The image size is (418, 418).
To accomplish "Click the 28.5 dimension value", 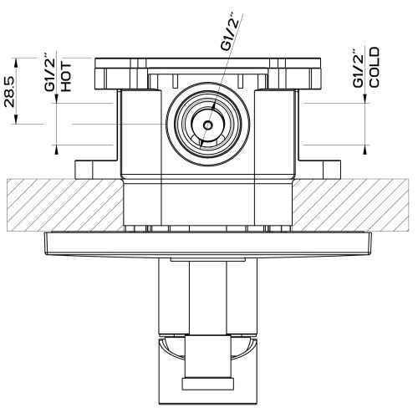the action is (x=9, y=91).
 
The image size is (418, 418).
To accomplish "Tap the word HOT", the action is (x=66, y=77).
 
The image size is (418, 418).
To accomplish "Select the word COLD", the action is (x=374, y=68).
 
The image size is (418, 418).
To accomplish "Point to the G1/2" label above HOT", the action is (x=50, y=74).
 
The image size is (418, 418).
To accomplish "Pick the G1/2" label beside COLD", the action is (x=358, y=69).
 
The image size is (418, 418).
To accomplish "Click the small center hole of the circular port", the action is (x=207, y=125).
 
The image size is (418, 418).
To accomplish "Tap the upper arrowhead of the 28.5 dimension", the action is (x=16, y=63).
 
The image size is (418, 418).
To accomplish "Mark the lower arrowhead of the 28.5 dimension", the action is (x=16, y=119).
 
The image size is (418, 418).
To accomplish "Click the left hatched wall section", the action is (x=64, y=205).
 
